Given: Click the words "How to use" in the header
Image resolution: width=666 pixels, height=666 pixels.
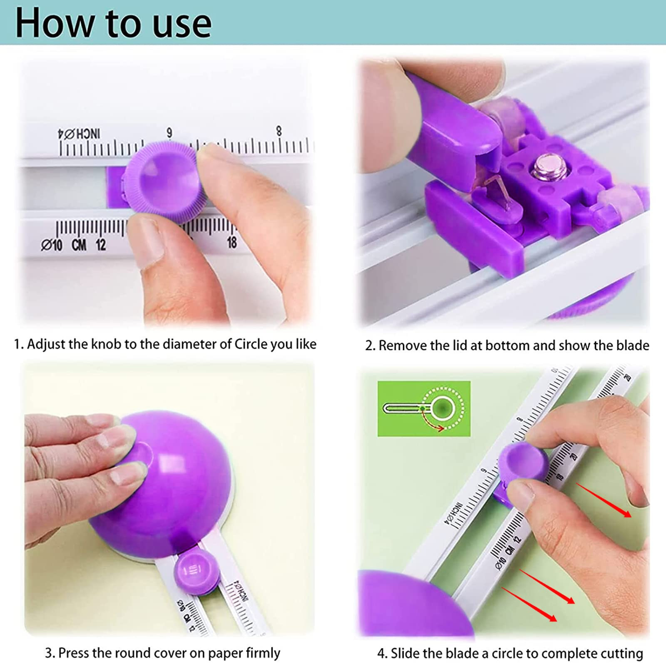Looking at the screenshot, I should tap(113, 23).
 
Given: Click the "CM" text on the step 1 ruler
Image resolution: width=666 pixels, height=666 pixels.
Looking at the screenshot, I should tap(79, 245).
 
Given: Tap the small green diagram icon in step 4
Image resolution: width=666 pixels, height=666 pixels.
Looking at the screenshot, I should tap(424, 409).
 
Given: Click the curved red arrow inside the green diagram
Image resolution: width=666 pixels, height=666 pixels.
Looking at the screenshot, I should tap(435, 425).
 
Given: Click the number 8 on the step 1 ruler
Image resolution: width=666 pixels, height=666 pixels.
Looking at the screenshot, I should tap(278, 131).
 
